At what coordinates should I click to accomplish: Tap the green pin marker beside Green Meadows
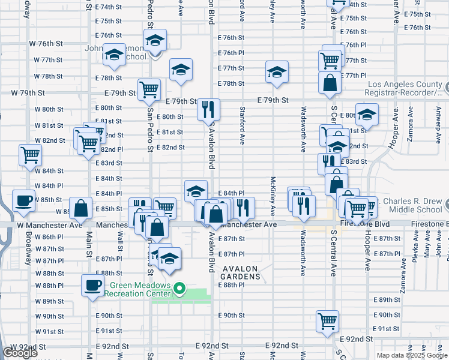[179, 290]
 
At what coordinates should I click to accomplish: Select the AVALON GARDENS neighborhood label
[241, 272]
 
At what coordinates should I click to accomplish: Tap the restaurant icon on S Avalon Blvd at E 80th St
[208, 109]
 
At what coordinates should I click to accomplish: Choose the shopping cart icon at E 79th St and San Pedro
[149, 90]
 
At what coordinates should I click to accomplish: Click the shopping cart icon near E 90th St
[328, 321]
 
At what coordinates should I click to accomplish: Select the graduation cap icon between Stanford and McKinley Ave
[276, 73]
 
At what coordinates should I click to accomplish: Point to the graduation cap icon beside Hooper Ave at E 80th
[367, 114]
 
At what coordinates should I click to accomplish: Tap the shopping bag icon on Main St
[81, 208]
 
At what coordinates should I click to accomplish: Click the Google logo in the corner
[20, 353]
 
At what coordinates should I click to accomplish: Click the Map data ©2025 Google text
[411, 355]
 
